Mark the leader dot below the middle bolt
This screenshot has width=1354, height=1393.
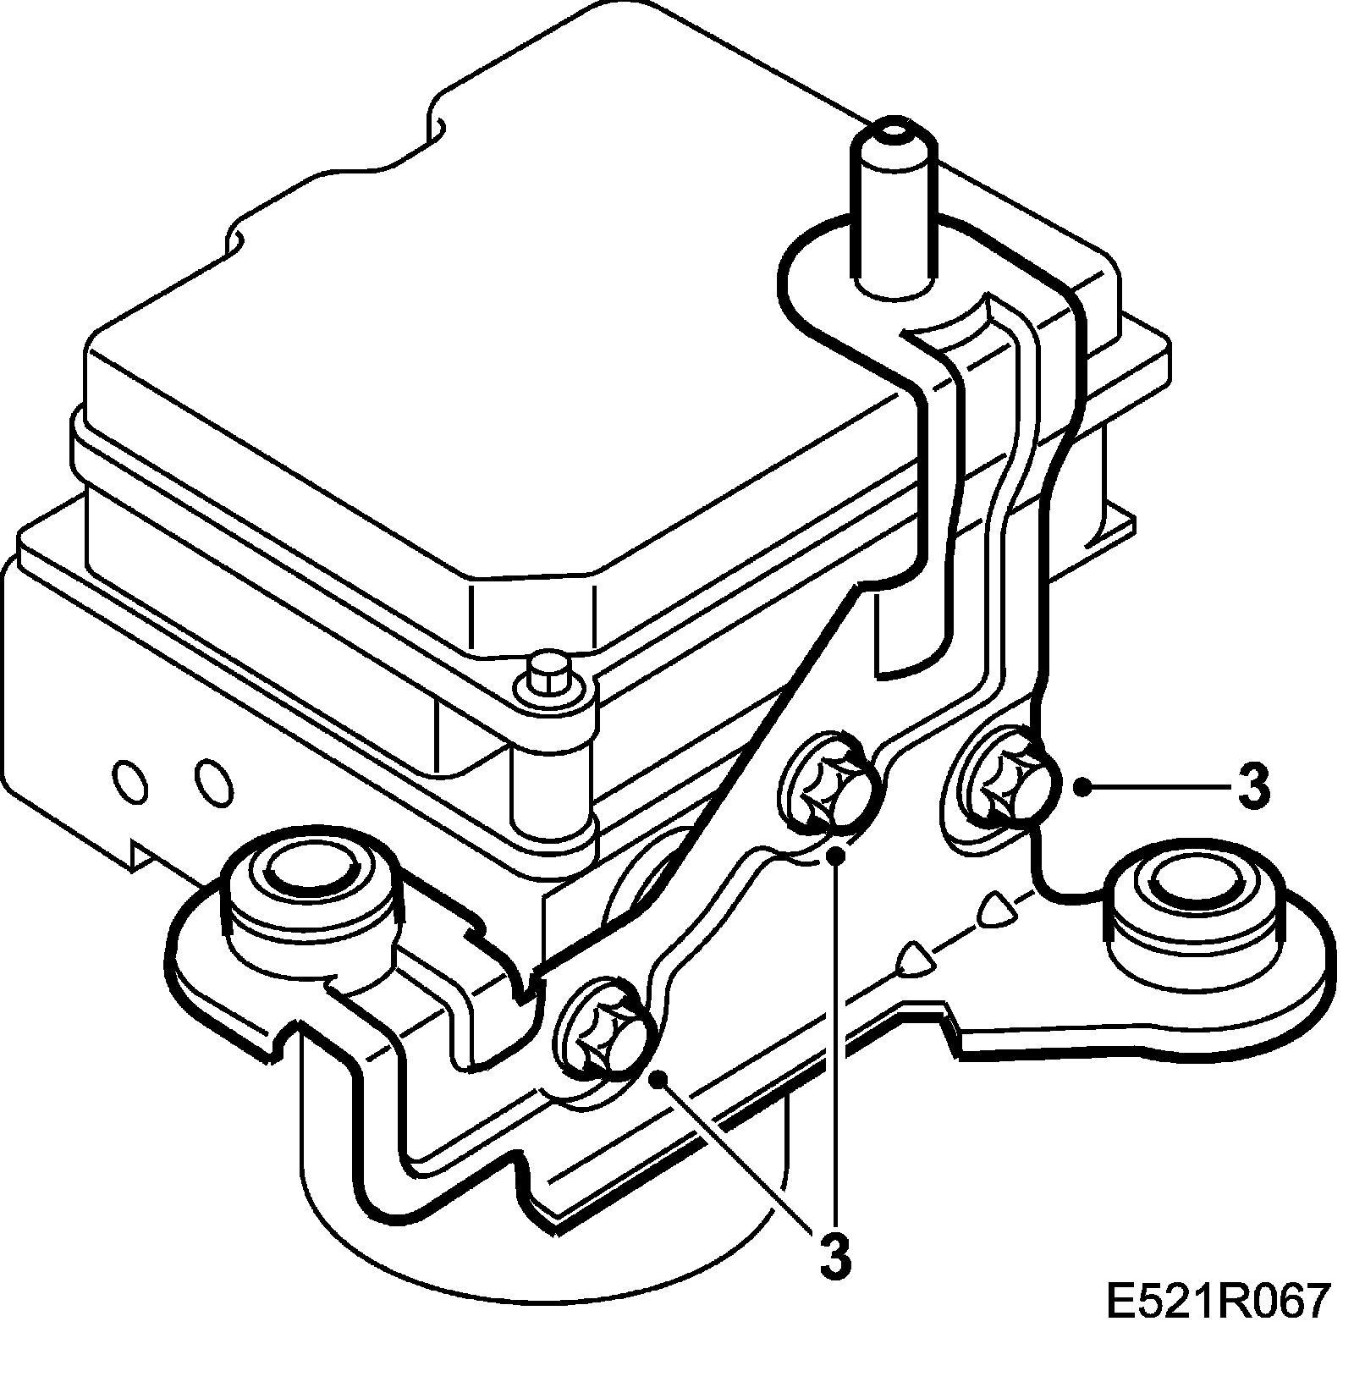coord(836,856)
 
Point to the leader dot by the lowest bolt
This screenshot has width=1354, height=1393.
coord(658,1077)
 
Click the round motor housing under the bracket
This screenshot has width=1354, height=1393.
coord(542,1253)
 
